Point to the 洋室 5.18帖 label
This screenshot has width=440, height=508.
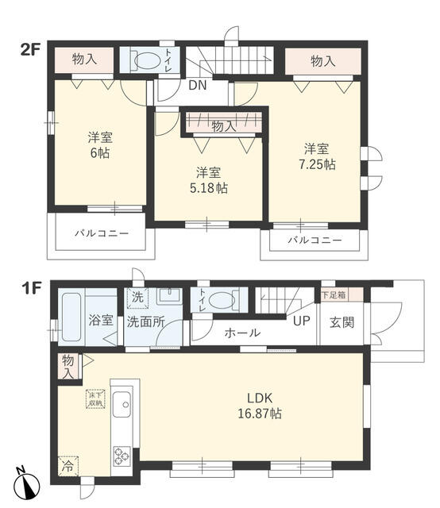pyautogui.click(x=207, y=179)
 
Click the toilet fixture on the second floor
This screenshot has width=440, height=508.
pyautogui.click(x=145, y=61)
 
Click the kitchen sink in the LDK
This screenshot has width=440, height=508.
pyautogui.click(x=124, y=407)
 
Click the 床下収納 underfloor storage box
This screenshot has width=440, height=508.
pyautogui.click(x=94, y=398)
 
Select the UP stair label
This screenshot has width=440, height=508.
pyautogui.click(x=301, y=321)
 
